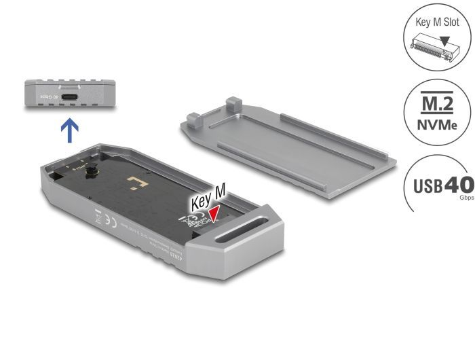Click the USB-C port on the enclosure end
70,98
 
